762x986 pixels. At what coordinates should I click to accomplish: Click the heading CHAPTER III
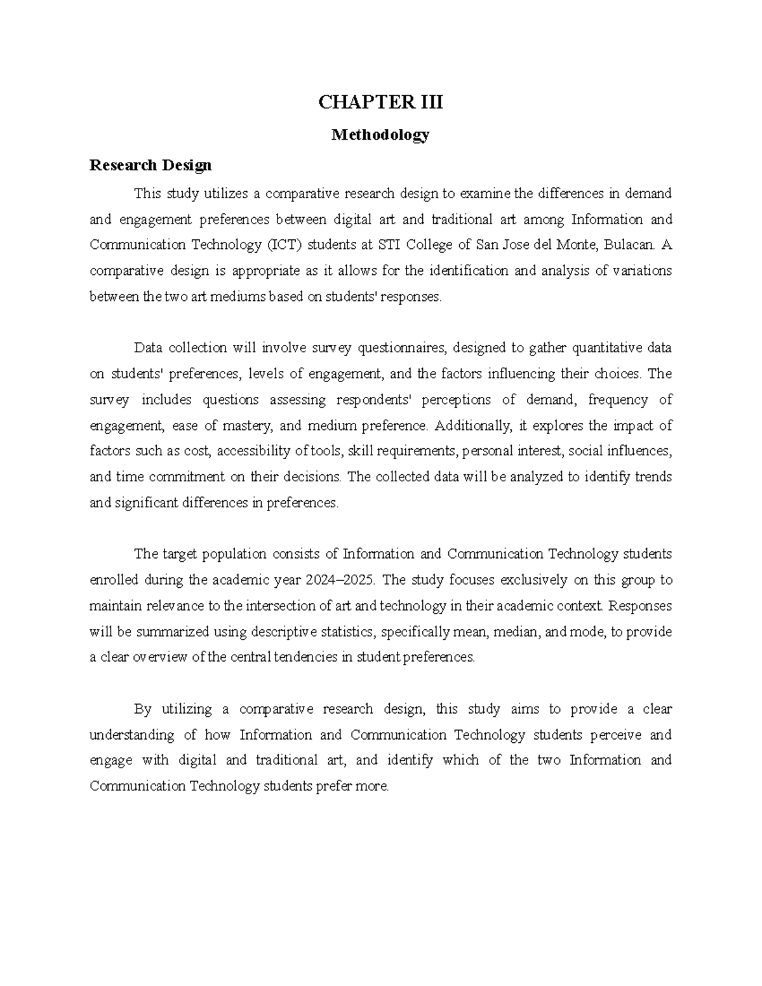[x=380, y=102]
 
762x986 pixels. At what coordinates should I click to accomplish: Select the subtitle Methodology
[x=380, y=135]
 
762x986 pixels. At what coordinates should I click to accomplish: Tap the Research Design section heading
[x=150, y=166]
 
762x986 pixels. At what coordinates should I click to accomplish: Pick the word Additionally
[x=472, y=425]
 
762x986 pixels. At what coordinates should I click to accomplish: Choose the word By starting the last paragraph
[x=144, y=709]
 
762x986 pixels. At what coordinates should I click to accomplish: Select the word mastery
[x=249, y=425]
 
